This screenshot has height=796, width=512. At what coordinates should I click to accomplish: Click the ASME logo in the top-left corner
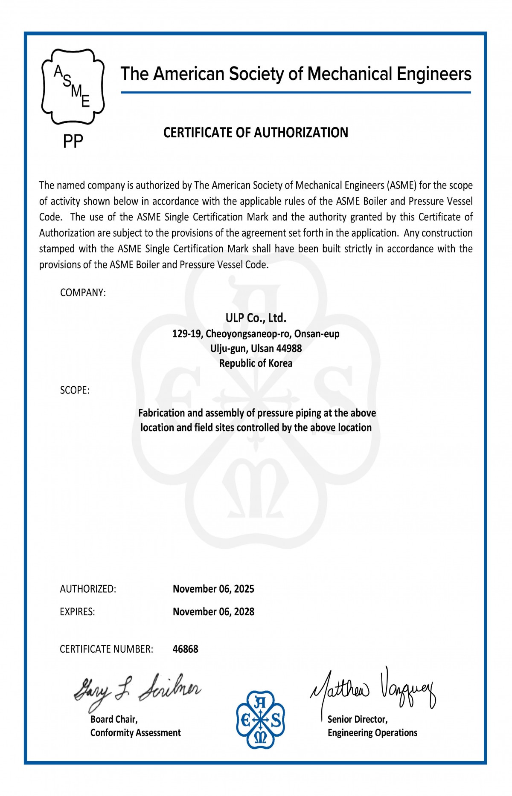coord(73,87)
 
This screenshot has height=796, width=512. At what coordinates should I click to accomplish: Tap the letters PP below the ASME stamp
coord(73,142)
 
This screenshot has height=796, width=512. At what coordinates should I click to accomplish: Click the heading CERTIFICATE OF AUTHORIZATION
coord(256,133)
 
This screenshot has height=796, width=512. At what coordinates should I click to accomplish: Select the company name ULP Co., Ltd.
coord(256,318)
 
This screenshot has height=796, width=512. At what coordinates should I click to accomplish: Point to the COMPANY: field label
coord(83,293)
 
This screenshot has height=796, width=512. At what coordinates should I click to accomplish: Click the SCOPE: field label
coord(75,391)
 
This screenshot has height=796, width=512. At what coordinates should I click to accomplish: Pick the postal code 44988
coord(289,349)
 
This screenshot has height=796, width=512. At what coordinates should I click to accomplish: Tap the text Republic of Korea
coord(256,364)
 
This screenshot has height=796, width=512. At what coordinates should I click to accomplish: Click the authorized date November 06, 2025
coord(213,589)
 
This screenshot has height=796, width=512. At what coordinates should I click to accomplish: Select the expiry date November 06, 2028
coord(213,612)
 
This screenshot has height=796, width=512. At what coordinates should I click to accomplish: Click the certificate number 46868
coord(186,649)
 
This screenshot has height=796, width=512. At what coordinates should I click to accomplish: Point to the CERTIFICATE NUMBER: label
coord(106,649)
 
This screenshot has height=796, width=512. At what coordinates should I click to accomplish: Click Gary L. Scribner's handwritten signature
coord(137,690)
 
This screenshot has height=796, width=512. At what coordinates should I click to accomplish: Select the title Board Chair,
coord(114,720)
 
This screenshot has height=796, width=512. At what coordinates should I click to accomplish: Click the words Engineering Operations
coord(372,733)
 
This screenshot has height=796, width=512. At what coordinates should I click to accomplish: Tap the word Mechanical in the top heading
coord(349,74)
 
